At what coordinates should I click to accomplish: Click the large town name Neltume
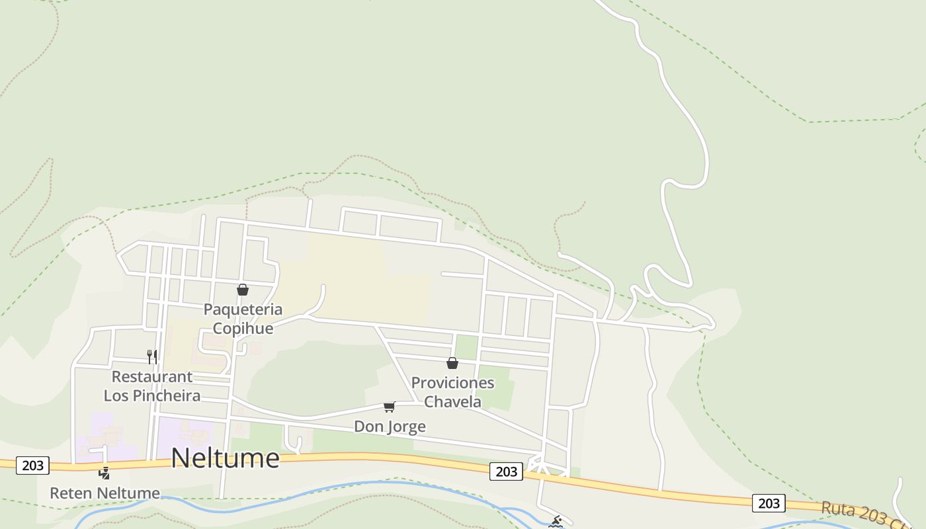[225, 458]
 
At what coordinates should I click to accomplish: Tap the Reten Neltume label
[105, 493]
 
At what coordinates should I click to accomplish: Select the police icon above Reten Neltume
[104, 473]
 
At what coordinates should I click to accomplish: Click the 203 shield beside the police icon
[32, 466]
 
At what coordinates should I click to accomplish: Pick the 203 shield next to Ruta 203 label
[769, 503]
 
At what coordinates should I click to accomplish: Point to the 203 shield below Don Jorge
[506, 471]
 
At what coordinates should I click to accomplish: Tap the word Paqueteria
[243, 309]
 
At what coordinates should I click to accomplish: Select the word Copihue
[243, 329]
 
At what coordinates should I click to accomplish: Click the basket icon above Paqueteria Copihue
[243, 290]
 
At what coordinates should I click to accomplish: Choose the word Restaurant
[152, 377]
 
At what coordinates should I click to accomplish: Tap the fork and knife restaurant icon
[152, 357]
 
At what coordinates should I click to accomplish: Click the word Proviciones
[452, 383]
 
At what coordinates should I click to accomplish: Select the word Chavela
[452, 401]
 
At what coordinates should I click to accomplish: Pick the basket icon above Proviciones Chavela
[452, 363]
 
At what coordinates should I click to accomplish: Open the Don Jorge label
[390, 427]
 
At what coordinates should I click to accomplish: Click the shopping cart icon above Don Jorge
[390, 407]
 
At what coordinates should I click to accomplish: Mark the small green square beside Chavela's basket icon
[466, 347]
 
